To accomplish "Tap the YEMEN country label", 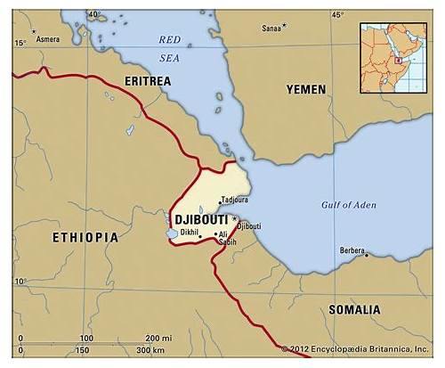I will (x=305, y=89).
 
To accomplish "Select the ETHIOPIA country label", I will (x=85, y=238).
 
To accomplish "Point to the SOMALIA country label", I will (x=353, y=309).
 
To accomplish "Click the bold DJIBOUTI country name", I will (x=201, y=219).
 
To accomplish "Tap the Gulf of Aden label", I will (x=348, y=205).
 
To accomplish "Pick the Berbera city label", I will (x=352, y=251).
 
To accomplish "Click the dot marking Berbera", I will (x=366, y=254).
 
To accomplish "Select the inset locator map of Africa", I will (x=393, y=58).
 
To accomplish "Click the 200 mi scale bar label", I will (x=159, y=338).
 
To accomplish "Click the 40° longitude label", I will (x=94, y=15).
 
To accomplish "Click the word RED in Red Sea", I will (x=169, y=39).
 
